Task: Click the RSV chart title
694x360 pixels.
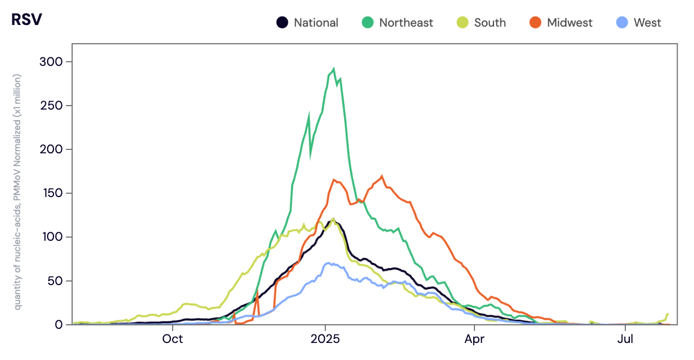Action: coord(27,19)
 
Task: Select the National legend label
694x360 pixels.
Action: coord(316,23)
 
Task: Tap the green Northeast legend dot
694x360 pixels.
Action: coord(367,23)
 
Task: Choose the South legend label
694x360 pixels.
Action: coord(490,23)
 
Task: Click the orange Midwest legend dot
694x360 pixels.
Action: coord(536,23)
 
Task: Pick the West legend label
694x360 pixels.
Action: coord(647,23)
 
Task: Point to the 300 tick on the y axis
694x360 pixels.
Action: coord(52,61)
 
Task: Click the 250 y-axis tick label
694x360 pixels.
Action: coord(52,105)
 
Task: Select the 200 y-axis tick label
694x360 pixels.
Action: coord(52,149)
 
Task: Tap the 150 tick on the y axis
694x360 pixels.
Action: coord(52,193)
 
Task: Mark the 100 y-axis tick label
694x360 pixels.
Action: coord(52,237)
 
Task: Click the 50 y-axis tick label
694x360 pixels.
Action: coord(55,281)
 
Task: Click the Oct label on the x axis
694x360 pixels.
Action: coord(172,340)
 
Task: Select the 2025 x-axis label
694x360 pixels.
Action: coord(325,340)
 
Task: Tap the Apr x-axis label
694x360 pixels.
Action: coord(474,340)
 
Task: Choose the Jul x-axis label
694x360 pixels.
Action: coord(625,340)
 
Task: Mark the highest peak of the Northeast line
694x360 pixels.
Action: coord(333,69)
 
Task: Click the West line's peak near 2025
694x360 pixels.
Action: coord(328,263)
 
